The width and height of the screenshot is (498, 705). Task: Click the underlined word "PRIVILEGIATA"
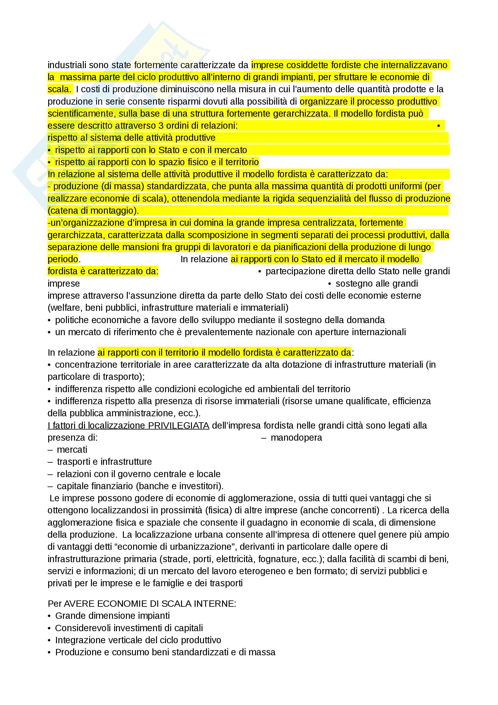pos(179,426)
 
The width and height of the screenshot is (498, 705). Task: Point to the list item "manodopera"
pos(296,438)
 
